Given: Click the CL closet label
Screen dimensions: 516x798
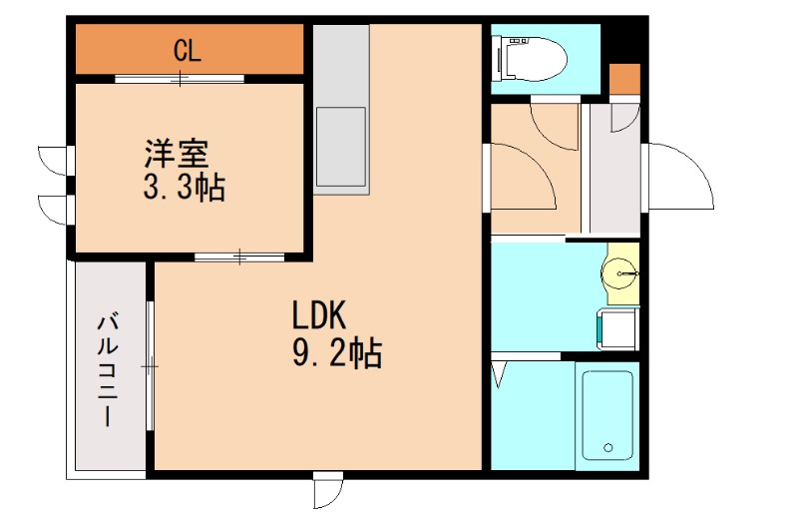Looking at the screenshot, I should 188,51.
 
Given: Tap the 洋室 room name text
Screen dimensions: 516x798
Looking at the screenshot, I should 176,155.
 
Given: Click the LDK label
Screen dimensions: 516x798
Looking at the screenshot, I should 318,317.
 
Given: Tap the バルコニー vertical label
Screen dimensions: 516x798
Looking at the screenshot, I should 109,370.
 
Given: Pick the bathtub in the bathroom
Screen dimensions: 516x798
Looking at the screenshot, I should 606,415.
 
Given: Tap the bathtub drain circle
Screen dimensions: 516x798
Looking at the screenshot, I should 603,447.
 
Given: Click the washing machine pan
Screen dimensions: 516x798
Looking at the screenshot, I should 616,328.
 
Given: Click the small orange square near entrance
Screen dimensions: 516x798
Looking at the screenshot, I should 624,79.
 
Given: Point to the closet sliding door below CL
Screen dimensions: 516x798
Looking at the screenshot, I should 180,78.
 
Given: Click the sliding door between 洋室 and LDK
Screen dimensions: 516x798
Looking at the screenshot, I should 239,258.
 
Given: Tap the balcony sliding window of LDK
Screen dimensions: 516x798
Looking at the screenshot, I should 150,366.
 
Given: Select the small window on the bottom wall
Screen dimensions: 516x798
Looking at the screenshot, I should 327,490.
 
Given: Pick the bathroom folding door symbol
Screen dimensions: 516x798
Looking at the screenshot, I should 500,375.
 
